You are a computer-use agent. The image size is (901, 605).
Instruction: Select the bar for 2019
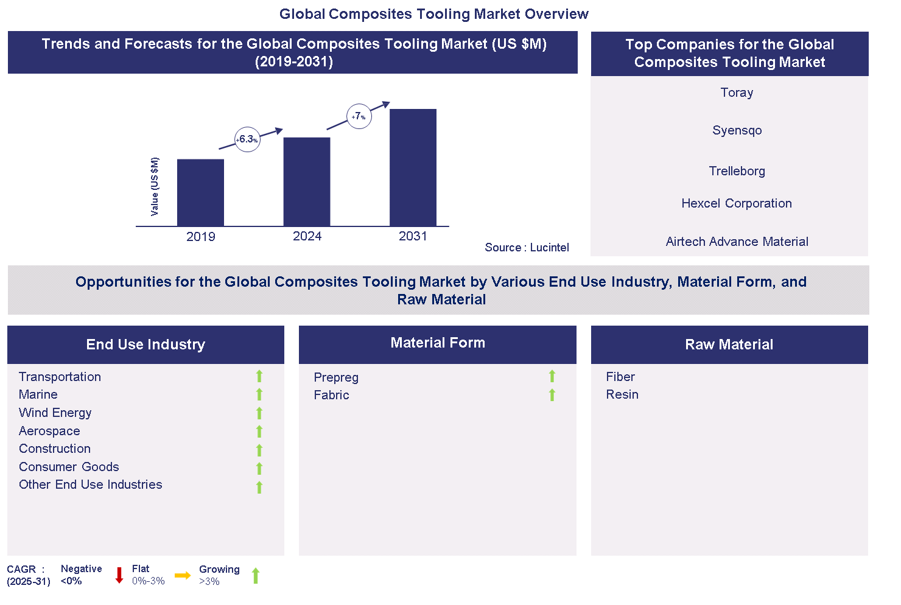(200, 192)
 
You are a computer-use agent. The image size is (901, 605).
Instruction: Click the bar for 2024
(307, 181)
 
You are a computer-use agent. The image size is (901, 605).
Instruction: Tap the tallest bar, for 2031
(413, 167)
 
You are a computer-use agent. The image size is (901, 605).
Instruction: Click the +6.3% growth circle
(247, 139)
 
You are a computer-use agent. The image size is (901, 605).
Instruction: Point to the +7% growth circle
(359, 116)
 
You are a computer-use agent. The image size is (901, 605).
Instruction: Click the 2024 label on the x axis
(307, 236)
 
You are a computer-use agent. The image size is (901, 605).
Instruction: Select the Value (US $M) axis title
(155, 186)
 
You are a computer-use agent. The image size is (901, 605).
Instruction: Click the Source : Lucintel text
(527, 247)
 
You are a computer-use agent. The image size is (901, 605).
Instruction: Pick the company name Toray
(737, 93)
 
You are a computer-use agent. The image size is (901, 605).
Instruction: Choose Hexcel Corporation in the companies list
(736, 203)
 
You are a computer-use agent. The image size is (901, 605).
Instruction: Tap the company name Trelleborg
(737, 171)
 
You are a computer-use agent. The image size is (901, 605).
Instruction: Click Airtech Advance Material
(737, 242)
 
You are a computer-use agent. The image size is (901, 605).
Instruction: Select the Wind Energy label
(55, 413)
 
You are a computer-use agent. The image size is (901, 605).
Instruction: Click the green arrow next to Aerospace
(259, 432)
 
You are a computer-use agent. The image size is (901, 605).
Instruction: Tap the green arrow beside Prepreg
(552, 376)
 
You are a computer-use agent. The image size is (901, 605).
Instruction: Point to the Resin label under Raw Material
(622, 394)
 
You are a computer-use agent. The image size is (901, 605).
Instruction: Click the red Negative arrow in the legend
(119, 575)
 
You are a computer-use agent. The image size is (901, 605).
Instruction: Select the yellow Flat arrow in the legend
(183, 575)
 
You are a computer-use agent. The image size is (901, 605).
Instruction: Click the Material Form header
(437, 343)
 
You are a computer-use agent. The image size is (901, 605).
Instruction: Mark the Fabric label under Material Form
(331, 395)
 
